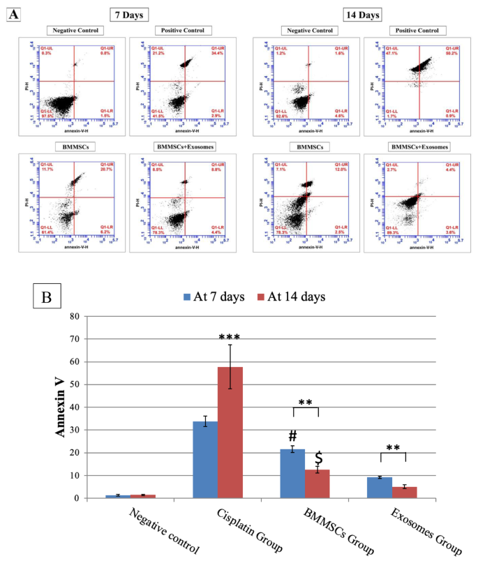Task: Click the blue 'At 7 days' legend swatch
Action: click(188, 297)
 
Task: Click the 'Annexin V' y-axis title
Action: click(61, 407)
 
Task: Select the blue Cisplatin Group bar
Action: click(204, 460)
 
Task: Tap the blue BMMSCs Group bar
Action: click(292, 474)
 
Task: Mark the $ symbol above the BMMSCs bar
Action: click(318, 458)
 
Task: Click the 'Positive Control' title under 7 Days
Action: click(185, 29)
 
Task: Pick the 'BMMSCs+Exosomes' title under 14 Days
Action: click(419, 147)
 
